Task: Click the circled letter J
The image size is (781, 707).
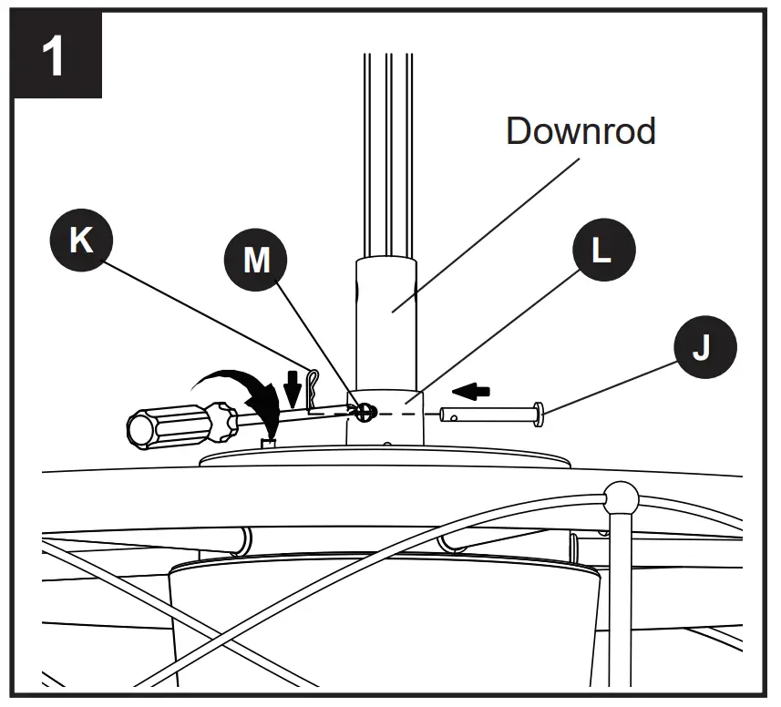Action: coord(701,348)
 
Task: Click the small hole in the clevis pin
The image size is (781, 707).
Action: coord(454,416)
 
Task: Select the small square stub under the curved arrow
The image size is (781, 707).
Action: coord(268,444)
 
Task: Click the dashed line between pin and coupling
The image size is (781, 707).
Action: coord(406,414)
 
